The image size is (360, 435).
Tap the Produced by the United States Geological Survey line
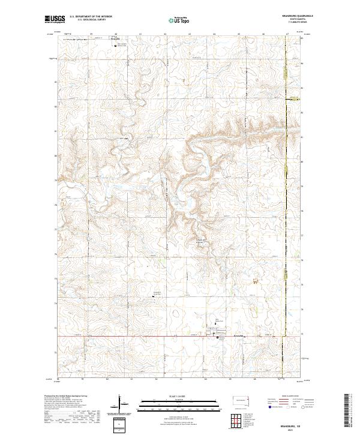click(x=65, y=397)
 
